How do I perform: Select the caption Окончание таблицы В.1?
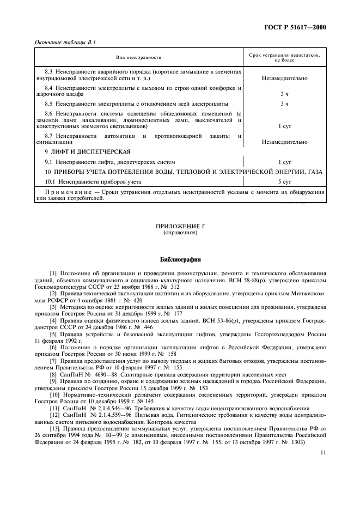pyautogui.click(x=62, y=42)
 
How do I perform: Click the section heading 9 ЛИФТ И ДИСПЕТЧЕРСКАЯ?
pyautogui.click(x=88, y=151)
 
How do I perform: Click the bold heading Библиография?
pyautogui.click(x=180, y=259)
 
